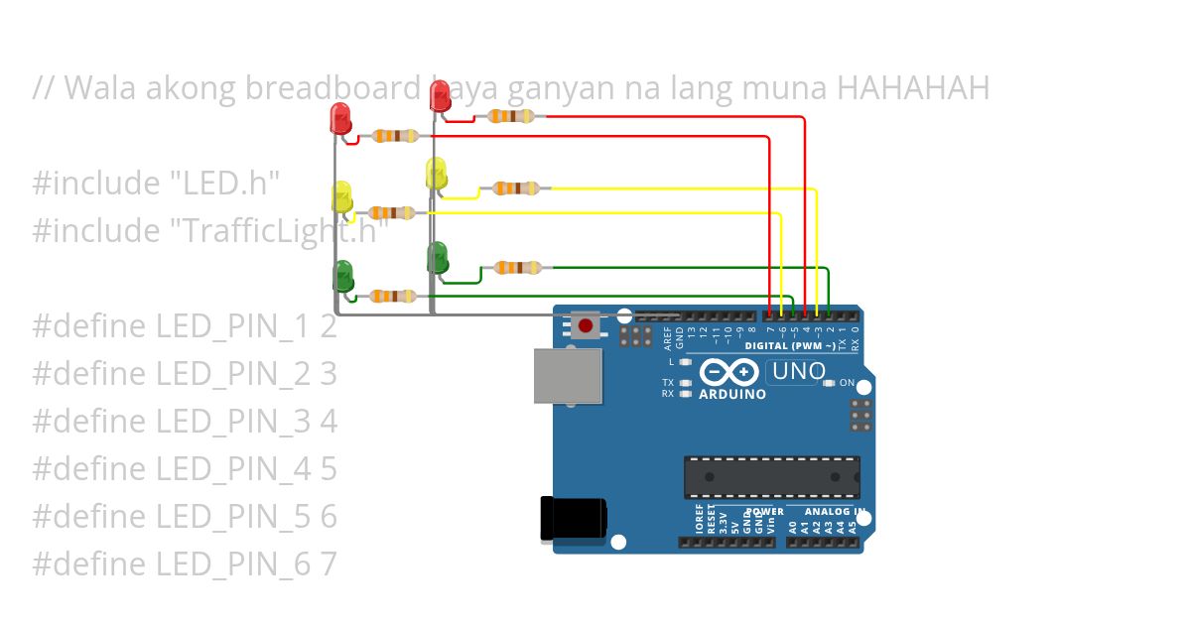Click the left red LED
[339, 118]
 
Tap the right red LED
[441, 97]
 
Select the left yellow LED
[341, 195]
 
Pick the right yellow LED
[437, 174]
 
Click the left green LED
[343, 275]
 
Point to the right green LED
[438, 257]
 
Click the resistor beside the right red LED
[510, 116]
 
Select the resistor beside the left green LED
[392, 296]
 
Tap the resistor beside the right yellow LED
[516, 187]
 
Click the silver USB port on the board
[568, 376]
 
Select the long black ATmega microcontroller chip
[771, 476]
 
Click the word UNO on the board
[798, 372]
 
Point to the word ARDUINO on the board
[732, 394]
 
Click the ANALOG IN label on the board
[840, 512]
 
